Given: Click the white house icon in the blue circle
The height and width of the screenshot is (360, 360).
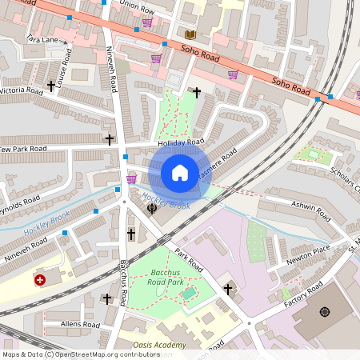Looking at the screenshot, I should tap(180, 172).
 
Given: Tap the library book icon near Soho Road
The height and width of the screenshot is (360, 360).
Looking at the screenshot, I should tap(190, 34).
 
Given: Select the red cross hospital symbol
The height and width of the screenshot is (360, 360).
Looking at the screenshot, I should tap(40, 280).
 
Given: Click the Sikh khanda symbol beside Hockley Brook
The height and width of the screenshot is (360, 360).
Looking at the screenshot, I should tap(151, 209).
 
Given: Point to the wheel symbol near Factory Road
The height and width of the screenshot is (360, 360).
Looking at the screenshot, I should tap(325, 311).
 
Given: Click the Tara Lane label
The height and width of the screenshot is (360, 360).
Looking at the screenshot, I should tap(42, 38).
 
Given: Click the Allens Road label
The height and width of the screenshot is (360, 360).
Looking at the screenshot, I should tap(79, 325).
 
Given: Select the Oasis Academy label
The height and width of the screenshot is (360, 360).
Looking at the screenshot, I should tap(159, 345).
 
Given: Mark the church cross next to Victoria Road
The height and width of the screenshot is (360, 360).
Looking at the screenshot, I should tap(52, 86).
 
